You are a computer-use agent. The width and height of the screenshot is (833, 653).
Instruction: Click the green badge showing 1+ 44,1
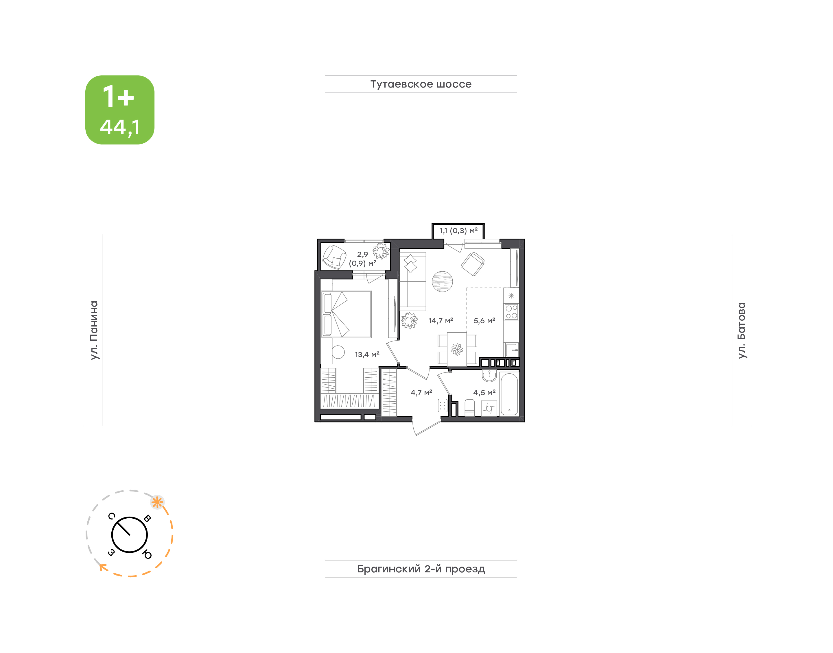tap(120, 110)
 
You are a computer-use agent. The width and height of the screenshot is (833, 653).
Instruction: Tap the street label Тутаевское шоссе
tap(421, 84)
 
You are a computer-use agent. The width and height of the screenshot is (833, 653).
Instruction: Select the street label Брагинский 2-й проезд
tap(421, 569)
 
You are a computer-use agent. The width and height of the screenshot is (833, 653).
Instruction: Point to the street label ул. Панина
tap(94, 330)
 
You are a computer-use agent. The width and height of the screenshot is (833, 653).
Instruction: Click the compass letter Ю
tap(147, 554)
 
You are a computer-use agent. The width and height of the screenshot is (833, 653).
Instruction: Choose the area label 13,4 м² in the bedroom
tap(367, 355)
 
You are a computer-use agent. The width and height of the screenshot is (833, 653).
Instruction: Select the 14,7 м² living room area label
tap(441, 321)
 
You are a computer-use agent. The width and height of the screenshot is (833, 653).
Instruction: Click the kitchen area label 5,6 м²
tap(484, 321)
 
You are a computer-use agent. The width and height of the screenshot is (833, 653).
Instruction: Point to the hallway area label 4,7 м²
tap(421, 393)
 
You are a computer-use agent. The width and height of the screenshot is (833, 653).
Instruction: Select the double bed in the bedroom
tap(346, 314)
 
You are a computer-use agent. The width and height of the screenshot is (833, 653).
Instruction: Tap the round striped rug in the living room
tap(442, 281)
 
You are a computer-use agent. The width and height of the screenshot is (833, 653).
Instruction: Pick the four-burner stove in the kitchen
tap(512, 311)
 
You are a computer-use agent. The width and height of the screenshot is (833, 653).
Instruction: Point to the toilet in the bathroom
tap(469, 408)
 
